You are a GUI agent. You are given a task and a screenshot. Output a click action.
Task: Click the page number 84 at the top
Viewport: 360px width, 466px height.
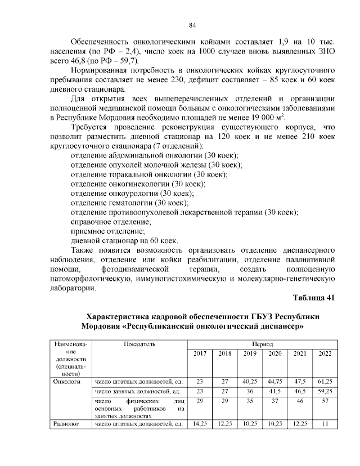191,25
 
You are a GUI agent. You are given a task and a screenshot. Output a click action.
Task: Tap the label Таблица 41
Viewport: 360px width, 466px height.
314,298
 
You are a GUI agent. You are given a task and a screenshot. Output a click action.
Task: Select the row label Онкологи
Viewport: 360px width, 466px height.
65,381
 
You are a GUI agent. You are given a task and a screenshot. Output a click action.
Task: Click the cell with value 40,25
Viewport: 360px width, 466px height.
249,381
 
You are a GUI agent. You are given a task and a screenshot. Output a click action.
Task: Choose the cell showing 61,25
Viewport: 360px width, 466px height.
325,381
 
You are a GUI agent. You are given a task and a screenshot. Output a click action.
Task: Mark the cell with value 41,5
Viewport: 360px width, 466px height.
274,391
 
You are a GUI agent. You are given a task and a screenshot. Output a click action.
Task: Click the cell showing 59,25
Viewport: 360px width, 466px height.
325,391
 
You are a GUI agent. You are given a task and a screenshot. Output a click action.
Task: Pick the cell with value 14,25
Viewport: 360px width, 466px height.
200,423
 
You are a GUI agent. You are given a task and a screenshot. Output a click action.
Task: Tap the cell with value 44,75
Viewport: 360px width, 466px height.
274,381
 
